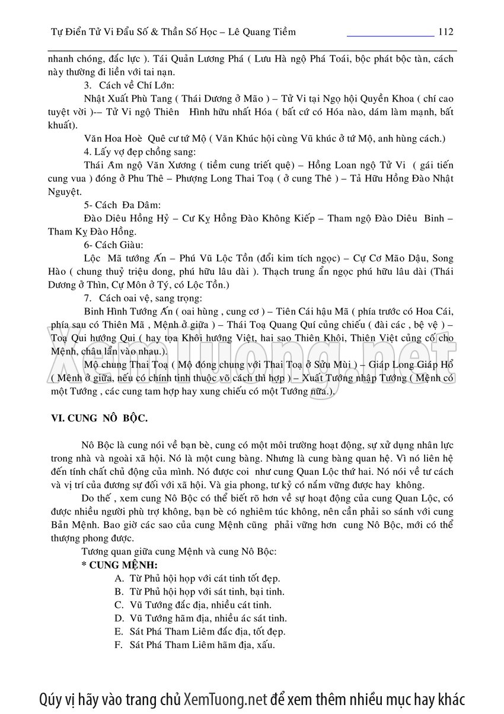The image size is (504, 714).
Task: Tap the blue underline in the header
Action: click(390, 36)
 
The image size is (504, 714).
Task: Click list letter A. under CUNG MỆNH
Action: click(119, 578)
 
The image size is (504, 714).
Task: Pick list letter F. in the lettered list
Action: click(119, 645)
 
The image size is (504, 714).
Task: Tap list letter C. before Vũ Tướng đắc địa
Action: click(119, 605)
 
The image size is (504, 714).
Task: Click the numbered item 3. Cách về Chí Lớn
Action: click(129, 85)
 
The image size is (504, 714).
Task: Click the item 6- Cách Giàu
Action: click(113, 245)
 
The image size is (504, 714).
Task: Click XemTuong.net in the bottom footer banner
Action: click(226, 699)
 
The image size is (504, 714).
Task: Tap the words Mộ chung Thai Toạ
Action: click(122, 364)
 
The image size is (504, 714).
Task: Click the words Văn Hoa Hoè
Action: click(114, 139)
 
